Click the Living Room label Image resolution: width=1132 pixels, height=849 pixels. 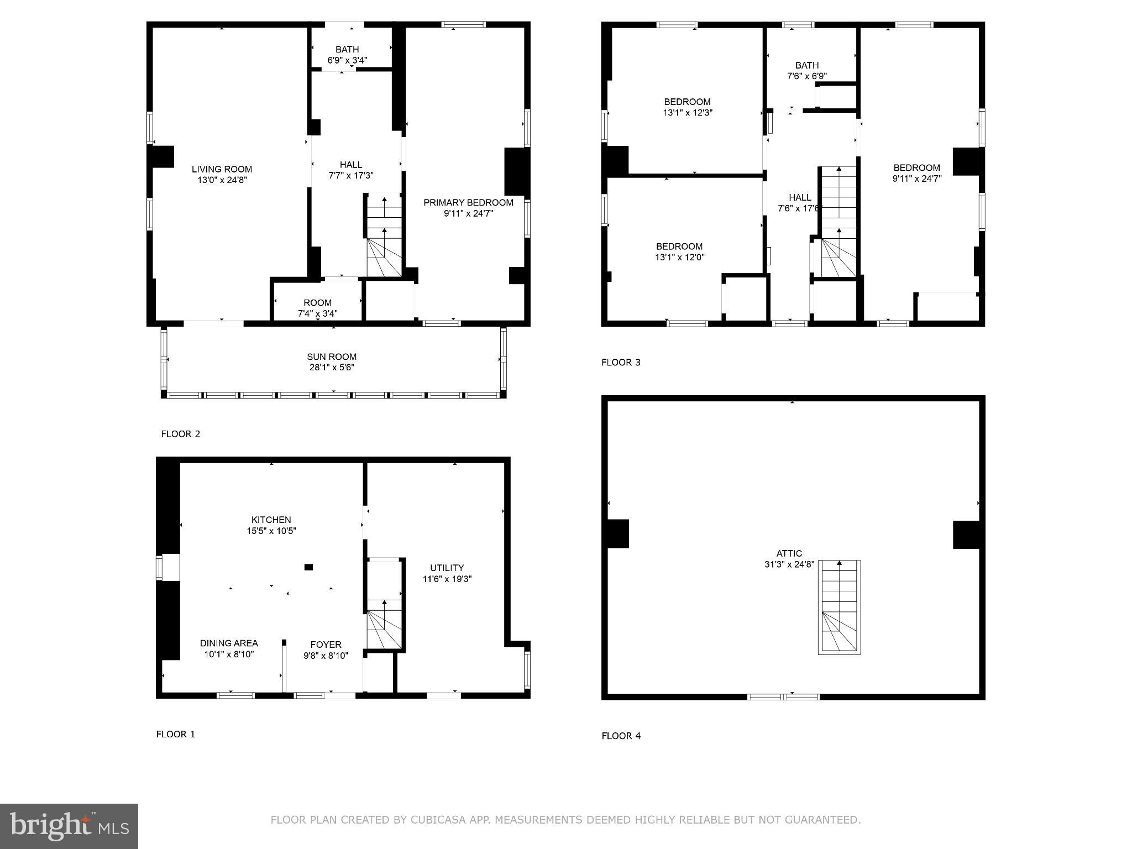[222, 169]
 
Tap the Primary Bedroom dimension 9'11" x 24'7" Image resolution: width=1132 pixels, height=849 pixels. [468, 213]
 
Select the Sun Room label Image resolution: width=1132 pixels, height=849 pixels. [332, 357]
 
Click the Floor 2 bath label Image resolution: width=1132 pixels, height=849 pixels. [347, 49]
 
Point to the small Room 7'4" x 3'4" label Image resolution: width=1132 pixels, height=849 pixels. [317, 303]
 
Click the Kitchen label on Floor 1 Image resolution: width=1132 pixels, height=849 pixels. [271, 520]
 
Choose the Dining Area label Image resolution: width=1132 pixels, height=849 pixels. [229, 643]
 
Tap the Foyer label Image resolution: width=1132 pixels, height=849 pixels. [326, 644]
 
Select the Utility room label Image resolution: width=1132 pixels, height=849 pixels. [447, 568]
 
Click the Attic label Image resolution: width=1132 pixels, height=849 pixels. [789, 553]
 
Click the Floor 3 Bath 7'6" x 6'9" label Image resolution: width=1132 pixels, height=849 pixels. [807, 65]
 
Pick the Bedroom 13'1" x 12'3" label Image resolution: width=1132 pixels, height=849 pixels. [687, 102]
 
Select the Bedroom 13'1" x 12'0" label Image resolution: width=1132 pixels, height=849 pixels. [679, 247]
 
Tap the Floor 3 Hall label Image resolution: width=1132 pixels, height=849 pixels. [800, 197]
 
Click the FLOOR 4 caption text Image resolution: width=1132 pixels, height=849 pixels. [621, 736]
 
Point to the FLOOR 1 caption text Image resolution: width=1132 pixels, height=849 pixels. [175, 734]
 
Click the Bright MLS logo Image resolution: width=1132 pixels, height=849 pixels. [69, 826]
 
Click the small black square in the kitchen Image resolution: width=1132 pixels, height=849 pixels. [308, 567]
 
